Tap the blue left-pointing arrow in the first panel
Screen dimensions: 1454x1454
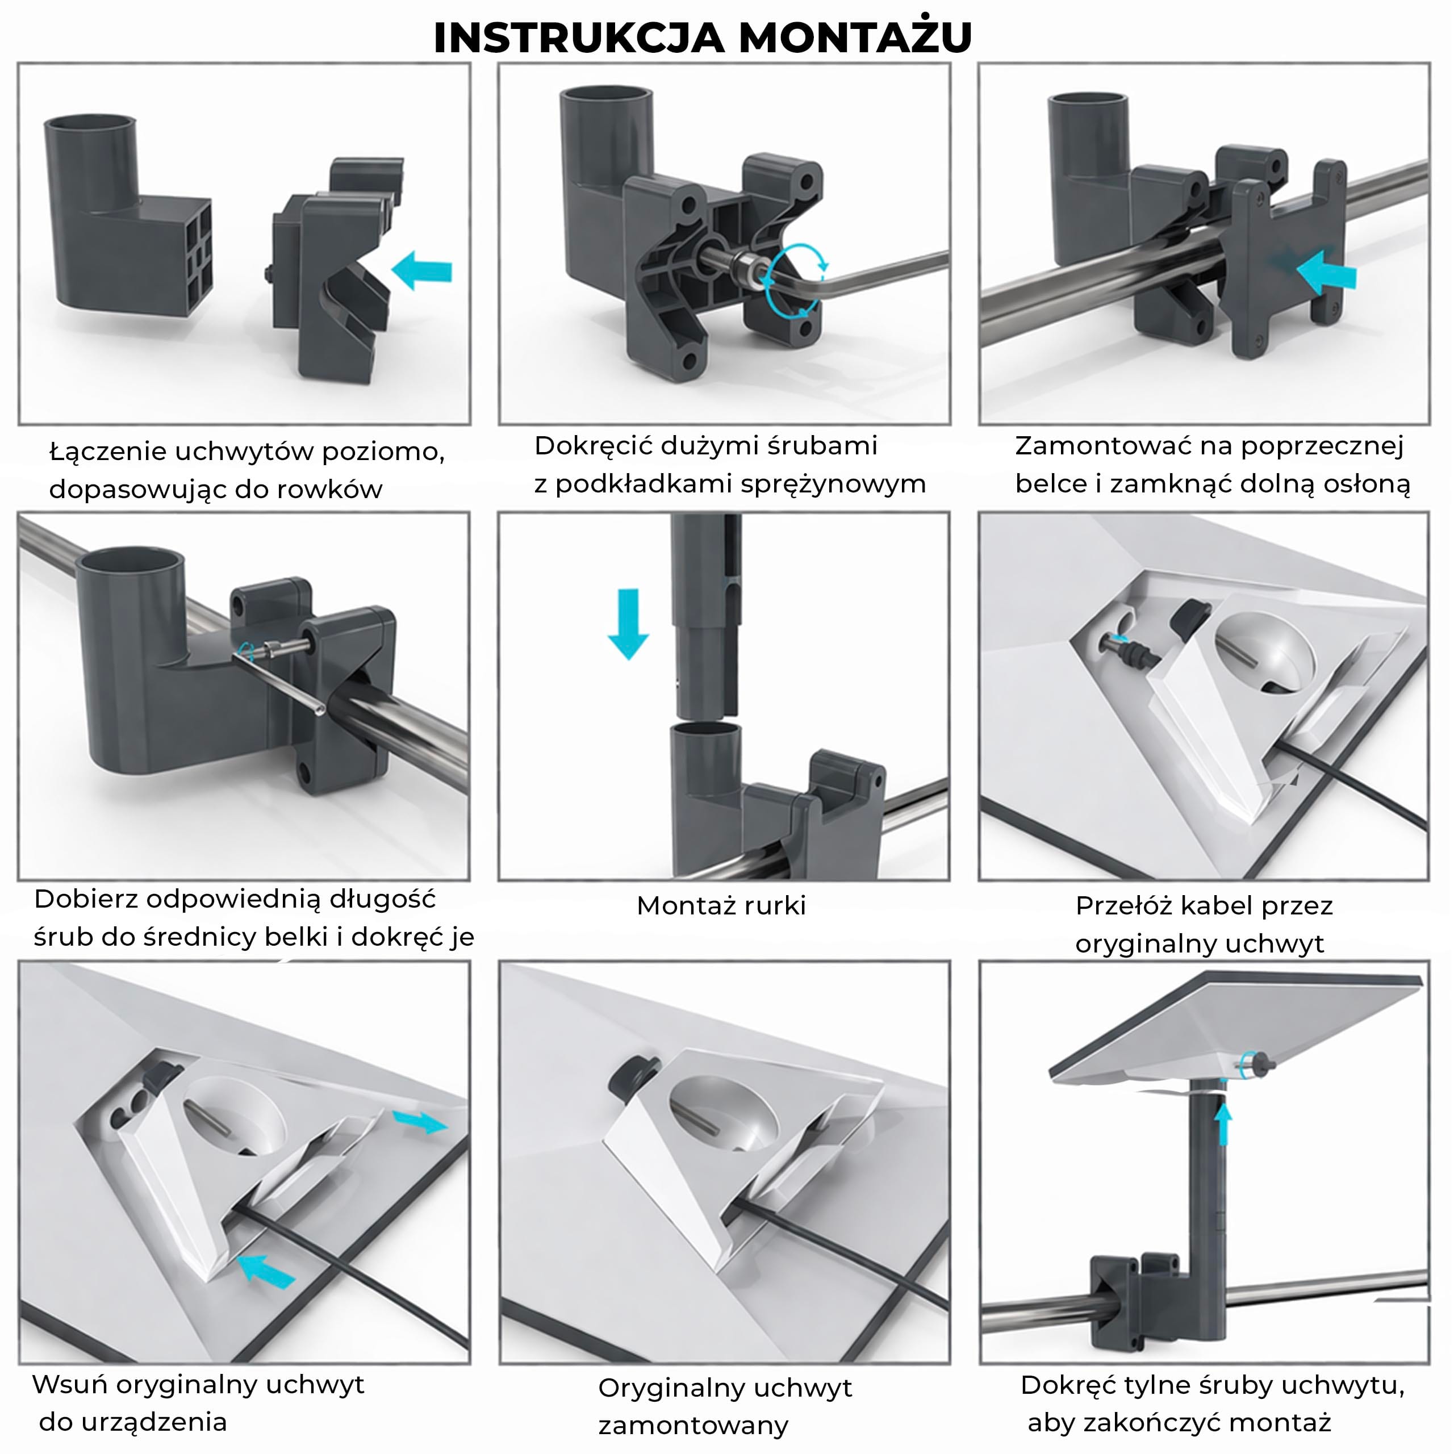[x=421, y=270]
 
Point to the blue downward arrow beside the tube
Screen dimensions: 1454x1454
[x=628, y=624]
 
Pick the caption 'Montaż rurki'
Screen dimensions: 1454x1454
[x=721, y=905]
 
